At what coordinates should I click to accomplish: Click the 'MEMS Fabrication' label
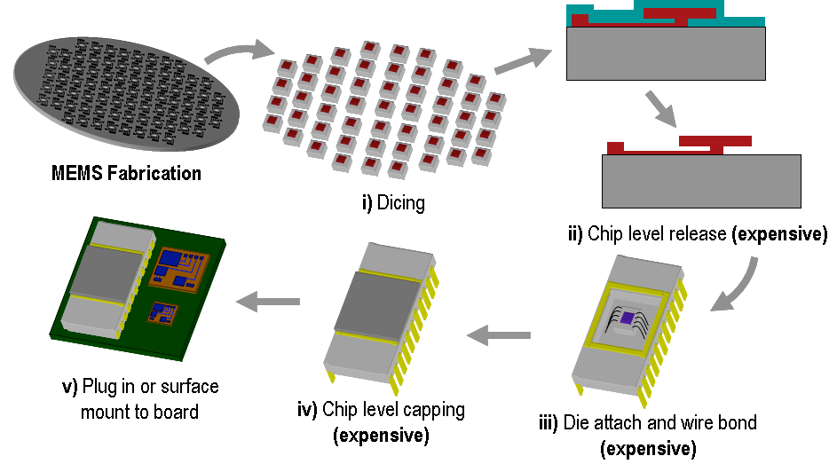pyautogui.click(x=125, y=173)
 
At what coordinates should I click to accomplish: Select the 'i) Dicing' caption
pyautogui.click(x=392, y=203)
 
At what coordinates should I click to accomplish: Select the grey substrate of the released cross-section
pyautogui.click(x=701, y=181)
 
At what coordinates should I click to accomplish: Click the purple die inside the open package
pyautogui.click(x=628, y=318)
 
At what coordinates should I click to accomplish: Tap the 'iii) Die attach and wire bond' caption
pyautogui.click(x=647, y=422)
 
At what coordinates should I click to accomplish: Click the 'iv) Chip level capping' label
pyautogui.click(x=381, y=410)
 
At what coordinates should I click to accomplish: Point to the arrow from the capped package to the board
pyautogui.click(x=267, y=302)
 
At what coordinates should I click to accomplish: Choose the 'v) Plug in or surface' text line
pyautogui.click(x=140, y=387)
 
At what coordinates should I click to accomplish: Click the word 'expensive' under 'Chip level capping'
pyautogui.click(x=381, y=436)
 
